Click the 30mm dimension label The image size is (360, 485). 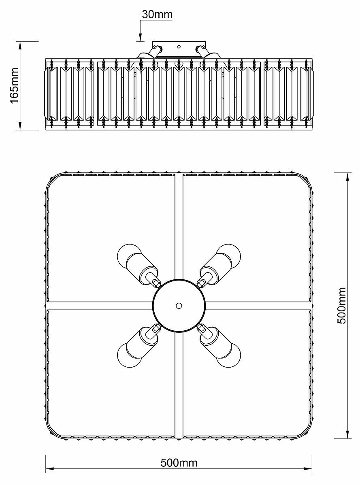(157, 14)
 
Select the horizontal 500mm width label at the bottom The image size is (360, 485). (179, 463)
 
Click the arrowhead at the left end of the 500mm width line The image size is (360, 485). (49, 470)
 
